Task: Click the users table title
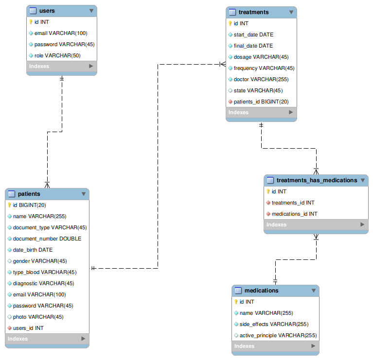(x=47, y=11)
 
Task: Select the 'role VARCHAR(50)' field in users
(x=57, y=55)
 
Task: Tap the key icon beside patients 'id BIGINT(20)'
(x=10, y=205)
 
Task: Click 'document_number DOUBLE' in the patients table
(x=47, y=239)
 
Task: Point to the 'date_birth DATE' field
(x=33, y=250)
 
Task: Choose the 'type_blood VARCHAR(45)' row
(x=45, y=272)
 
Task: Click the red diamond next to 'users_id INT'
(x=10, y=328)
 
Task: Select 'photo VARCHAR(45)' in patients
(x=38, y=317)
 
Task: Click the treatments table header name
(x=253, y=12)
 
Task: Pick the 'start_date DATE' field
(x=253, y=34)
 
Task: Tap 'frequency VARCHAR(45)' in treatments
(x=264, y=68)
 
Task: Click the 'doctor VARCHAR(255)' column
(x=261, y=79)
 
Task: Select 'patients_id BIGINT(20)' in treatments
(x=261, y=102)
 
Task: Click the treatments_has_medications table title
(x=317, y=180)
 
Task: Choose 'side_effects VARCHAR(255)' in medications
(x=274, y=324)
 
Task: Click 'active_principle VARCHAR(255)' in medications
(x=278, y=335)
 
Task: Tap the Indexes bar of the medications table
(x=275, y=346)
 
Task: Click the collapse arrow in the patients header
(x=84, y=194)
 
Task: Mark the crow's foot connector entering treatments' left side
(x=223, y=64)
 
